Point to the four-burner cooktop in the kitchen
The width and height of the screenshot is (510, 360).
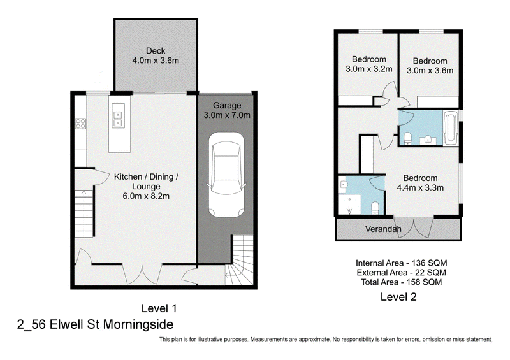click(80, 123)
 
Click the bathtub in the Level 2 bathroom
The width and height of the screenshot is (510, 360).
click(451, 127)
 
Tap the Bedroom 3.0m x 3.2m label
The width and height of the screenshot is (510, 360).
click(368, 64)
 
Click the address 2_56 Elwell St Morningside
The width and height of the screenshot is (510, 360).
click(95, 324)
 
